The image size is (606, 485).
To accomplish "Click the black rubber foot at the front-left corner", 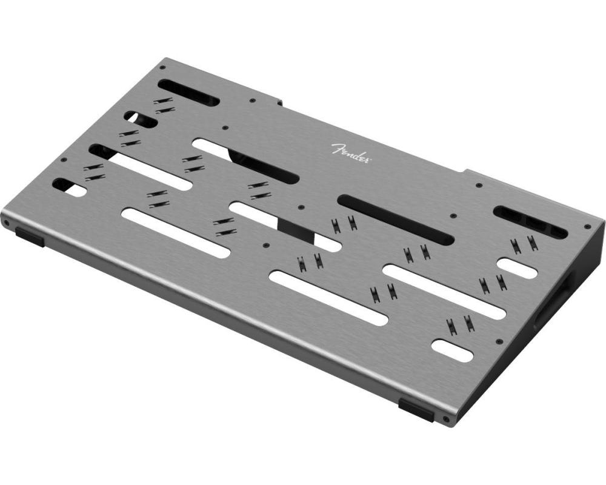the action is [x=30, y=237].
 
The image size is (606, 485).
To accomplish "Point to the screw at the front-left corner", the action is [x=7, y=222].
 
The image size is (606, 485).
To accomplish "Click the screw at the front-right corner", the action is [x=446, y=418].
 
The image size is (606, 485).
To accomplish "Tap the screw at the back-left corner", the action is [x=162, y=67].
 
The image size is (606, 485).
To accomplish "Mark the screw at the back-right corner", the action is [x=587, y=227].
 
